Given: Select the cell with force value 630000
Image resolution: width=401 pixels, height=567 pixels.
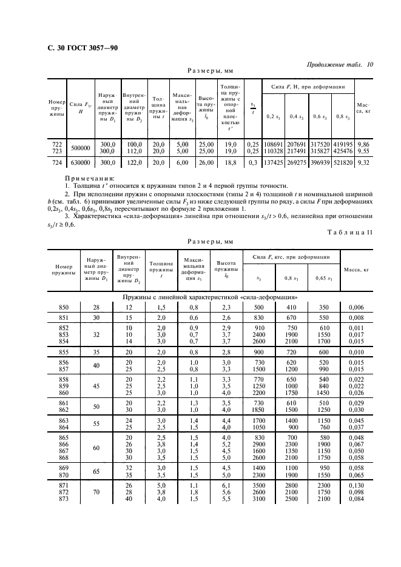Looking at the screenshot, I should click(80, 163).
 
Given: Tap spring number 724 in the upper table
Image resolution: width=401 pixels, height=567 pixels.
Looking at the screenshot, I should click(57, 163).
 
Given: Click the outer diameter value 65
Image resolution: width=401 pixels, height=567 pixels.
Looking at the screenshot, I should click(96, 471).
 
